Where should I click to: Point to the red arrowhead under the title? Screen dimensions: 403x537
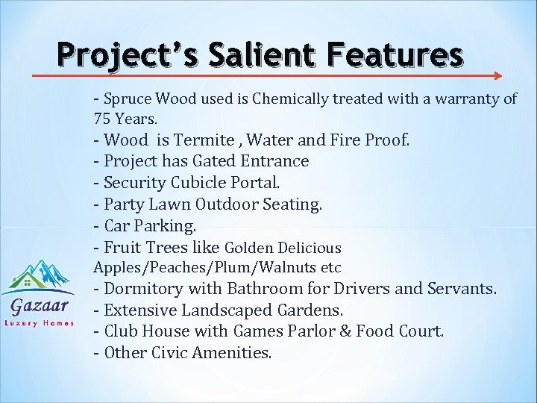[497, 75]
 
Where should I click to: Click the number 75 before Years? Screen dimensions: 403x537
[101, 118]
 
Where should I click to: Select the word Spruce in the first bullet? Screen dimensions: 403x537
[126, 99]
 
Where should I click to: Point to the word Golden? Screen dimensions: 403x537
[249, 248]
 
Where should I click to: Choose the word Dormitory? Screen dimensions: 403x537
[144, 289]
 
